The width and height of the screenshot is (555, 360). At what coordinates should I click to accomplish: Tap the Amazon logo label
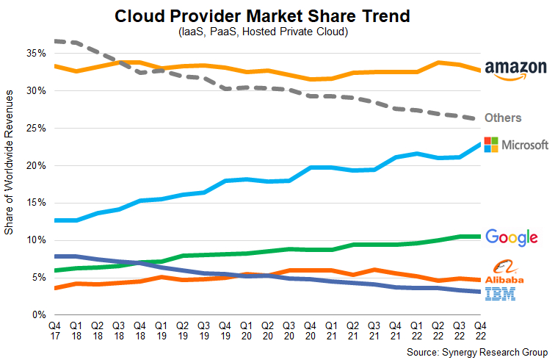pyautogui.click(x=515, y=69)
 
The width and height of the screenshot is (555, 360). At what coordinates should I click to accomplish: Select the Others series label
pyautogui.click(x=503, y=118)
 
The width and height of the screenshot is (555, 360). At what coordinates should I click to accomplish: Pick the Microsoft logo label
pyautogui.click(x=515, y=145)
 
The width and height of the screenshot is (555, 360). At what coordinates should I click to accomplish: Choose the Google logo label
pyautogui.click(x=512, y=237)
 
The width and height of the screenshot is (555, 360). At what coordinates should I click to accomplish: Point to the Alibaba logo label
pyautogui.click(x=504, y=273)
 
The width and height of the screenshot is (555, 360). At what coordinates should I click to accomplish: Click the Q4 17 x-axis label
pyautogui.click(x=54, y=328)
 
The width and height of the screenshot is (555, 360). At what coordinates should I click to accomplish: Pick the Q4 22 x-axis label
pyautogui.click(x=479, y=328)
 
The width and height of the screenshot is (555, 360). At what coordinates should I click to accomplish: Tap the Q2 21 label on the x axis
pyautogui.click(x=352, y=328)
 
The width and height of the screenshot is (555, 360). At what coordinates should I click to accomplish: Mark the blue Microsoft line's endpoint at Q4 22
pyautogui.click(x=479, y=144)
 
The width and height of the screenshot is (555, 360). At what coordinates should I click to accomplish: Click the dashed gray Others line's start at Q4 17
pyautogui.click(x=55, y=41)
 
